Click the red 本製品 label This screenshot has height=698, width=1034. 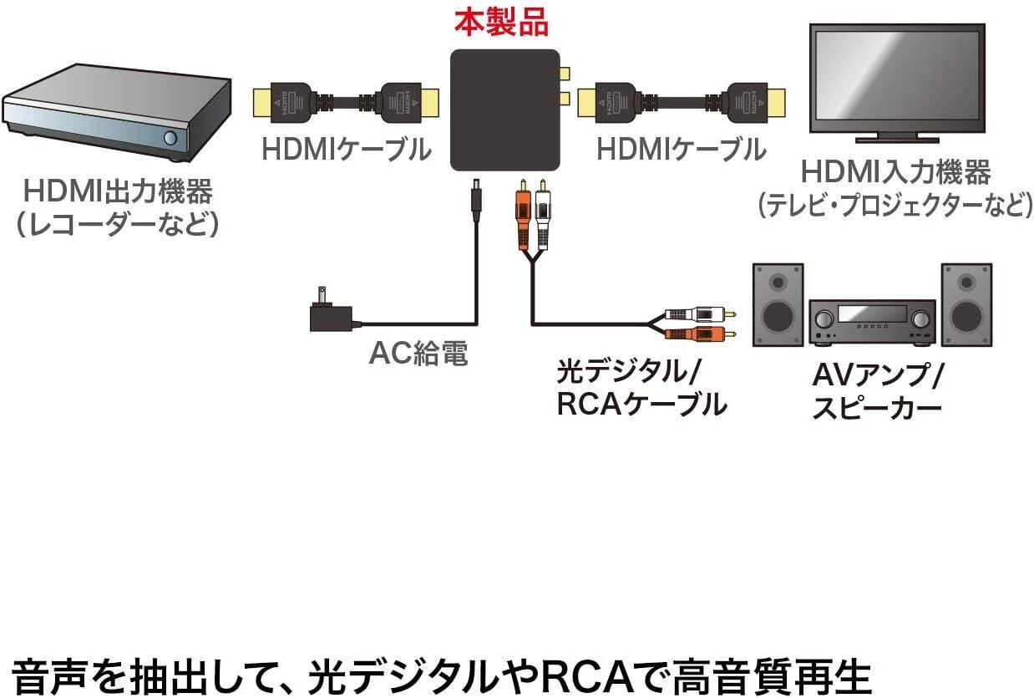pyautogui.click(x=501, y=23)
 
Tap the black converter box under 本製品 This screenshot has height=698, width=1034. pyautogui.click(x=504, y=110)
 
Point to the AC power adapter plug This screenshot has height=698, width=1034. pyautogui.click(x=330, y=313)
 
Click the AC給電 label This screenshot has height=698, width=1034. pyautogui.click(x=418, y=354)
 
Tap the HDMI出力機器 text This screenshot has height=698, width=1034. pyautogui.click(x=118, y=191)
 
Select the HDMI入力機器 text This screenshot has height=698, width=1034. pyautogui.click(x=896, y=172)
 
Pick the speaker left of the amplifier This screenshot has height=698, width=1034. pyautogui.click(x=778, y=304)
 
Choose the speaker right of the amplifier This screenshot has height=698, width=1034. pyautogui.click(x=966, y=304)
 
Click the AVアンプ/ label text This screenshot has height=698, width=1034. pyautogui.click(x=877, y=374)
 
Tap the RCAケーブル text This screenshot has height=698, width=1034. pyautogui.click(x=641, y=405)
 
